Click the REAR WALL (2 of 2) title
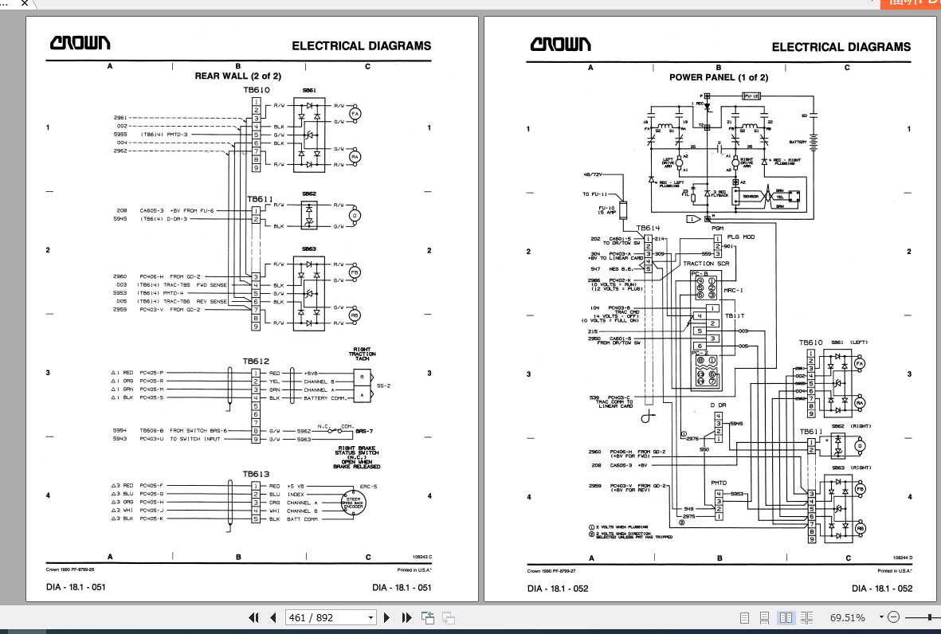point(238,76)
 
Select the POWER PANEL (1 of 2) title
point(719,77)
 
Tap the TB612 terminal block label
point(255,362)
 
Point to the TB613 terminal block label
point(255,475)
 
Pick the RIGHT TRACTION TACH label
point(362,354)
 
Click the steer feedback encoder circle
point(351,503)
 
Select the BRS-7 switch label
point(365,431)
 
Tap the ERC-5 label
point(369,486)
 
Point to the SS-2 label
point(383,385)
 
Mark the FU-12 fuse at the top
point(751,96)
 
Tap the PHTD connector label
point(719,483)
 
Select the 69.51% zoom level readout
point(848,617)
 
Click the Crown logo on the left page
point(80,44)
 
